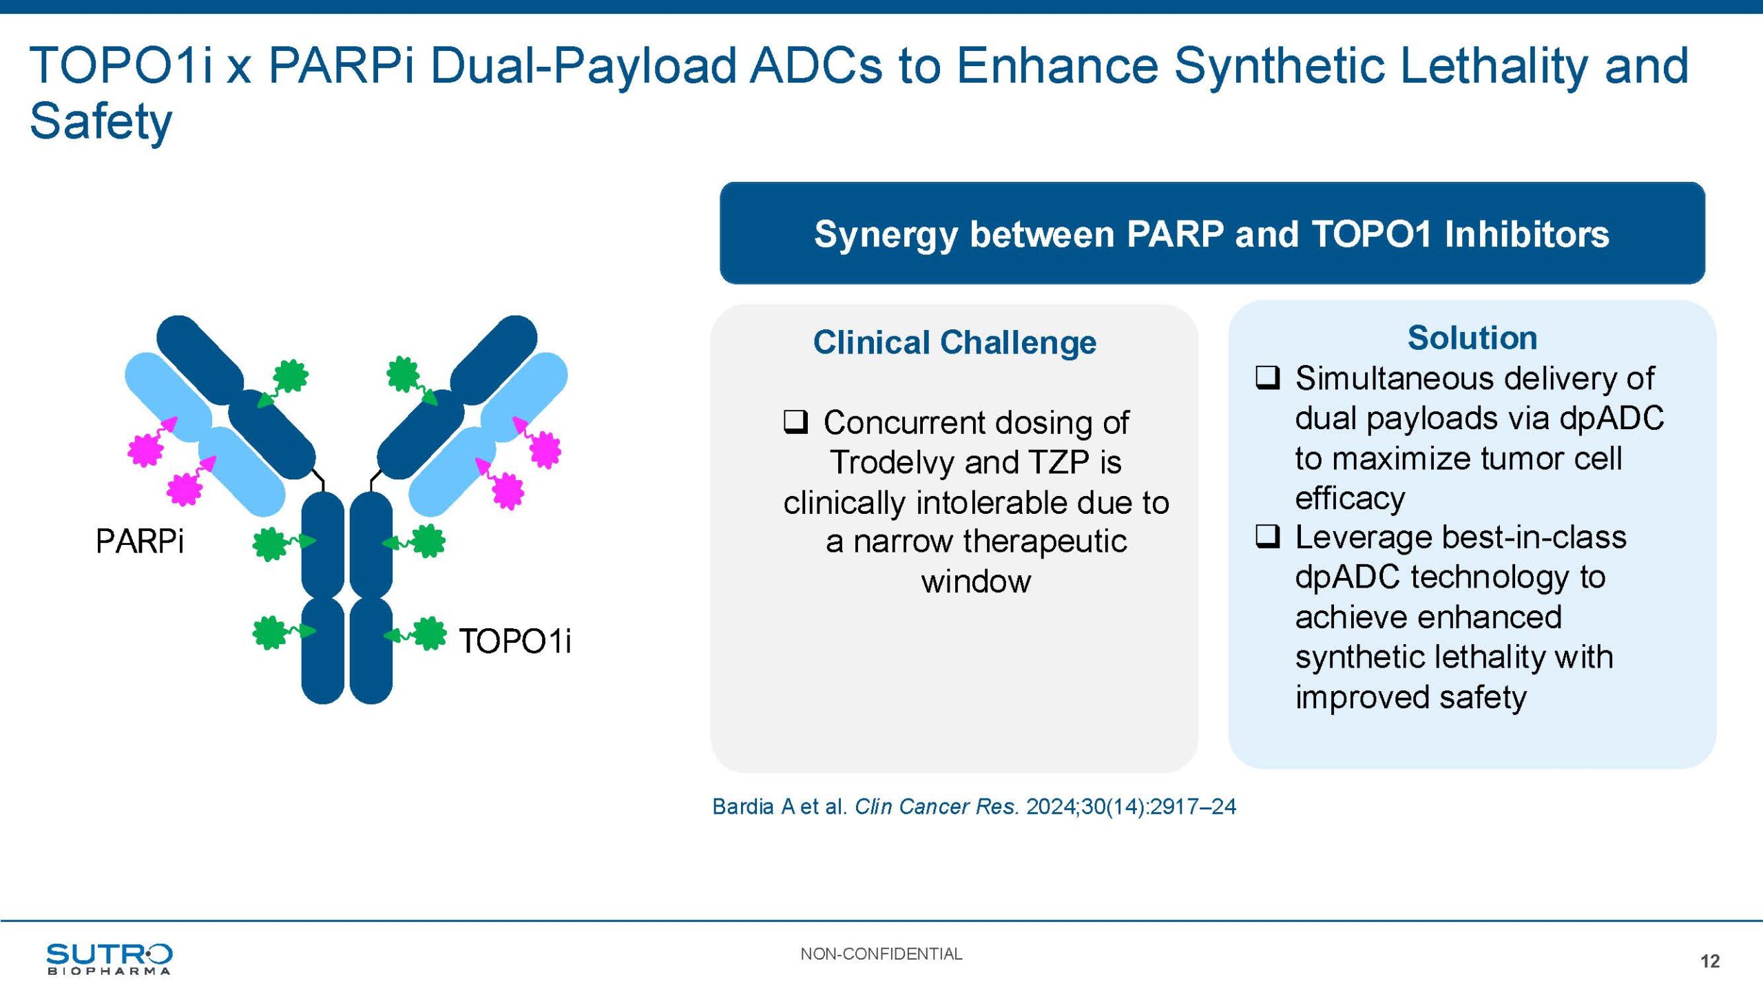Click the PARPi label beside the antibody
(140, 541)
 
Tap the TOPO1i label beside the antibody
(515, 641)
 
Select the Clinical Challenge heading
(954, 342)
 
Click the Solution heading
(1472, 338)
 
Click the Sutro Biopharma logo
(109, 958)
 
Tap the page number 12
(1710, 961)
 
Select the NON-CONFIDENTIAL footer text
(881, 953)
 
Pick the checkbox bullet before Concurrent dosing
(795, 421)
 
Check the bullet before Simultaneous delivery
(1268, 377)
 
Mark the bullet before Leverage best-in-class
(1268, 535)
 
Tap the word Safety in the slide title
(101, 121)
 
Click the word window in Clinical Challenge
(976, 581)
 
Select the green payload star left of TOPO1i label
(429, 633)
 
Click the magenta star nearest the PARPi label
(184, 489)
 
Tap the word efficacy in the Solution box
(1350, 498)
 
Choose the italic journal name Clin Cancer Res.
(937, 806)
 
